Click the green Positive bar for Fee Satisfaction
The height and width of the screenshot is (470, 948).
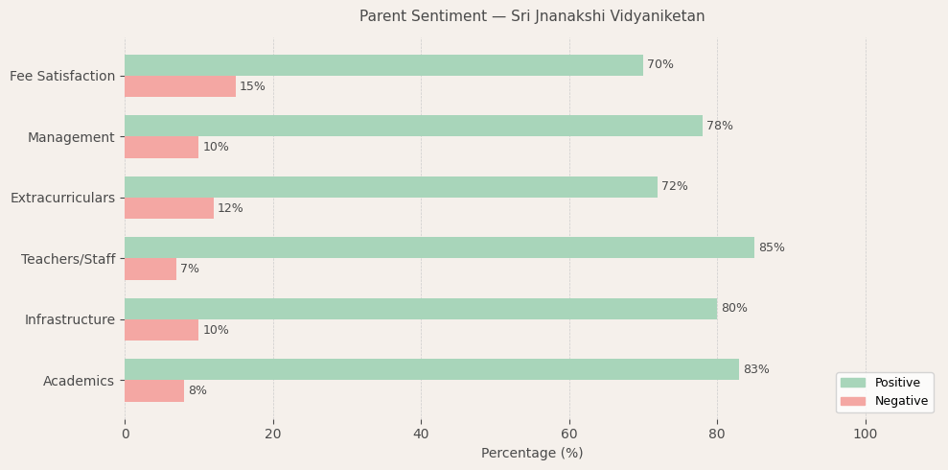(x=383, y=65)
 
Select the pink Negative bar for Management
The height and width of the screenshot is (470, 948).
(x=161, y=148)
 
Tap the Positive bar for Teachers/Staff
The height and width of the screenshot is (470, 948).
(x=439, y=247)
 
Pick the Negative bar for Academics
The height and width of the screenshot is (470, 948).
(x=154, y=391)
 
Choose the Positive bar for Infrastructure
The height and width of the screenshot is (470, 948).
(x=421, y=309)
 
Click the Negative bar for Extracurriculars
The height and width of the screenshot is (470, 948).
(x=169, y=208)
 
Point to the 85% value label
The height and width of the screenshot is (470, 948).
(x=772, y=247)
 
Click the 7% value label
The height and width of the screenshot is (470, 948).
(x=190, y=270)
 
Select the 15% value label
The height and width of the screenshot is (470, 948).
(x=252, y=87)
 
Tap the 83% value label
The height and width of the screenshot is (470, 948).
(x=756, y=369)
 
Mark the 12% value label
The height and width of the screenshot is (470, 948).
(x=230, y=208)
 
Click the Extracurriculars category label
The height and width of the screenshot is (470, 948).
(x=62, y=199)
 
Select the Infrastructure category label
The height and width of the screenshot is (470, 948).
(x=69, y=320)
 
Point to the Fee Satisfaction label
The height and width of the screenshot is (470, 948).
(x=62, y=77)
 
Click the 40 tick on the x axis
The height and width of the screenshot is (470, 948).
(x=421, y=434)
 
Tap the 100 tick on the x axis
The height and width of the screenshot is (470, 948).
(x=866, y=434)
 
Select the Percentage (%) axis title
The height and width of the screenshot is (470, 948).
(x=532, y=454)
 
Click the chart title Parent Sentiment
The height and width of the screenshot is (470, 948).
(x=532, y=16)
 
